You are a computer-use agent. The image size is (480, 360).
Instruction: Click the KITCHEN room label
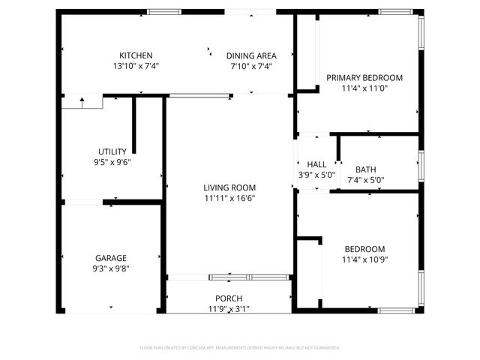click(x=136, y=55)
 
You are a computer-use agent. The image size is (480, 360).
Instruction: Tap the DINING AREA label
click(x=251, y=55)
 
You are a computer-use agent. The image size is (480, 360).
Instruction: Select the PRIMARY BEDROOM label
click(x=364, y=77)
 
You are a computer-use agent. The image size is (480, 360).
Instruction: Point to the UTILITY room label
click(x=112, y=151)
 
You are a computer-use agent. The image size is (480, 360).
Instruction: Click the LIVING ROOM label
click(x=229, y=187)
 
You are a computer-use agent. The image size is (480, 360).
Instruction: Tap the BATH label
click(x=366, y=169)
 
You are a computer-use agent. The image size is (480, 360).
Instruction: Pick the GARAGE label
click(x=110, y=258)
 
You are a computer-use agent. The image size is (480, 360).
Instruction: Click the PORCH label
click(x=229, y=298)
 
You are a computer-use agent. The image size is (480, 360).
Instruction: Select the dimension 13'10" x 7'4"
click(x=136, y=66)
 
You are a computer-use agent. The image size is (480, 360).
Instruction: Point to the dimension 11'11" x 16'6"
click(x=229, y=198)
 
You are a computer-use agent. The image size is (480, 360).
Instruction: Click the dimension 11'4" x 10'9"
click(x=364, y=260)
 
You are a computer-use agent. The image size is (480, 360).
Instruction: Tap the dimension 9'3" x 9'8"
click(x=110, y=268)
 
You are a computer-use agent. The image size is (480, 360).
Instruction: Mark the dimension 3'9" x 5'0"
click(x=316, y=175)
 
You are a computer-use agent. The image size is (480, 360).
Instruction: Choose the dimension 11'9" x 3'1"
click(x=229, y=308)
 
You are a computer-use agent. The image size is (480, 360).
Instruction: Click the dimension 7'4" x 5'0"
click(x=366, y=180)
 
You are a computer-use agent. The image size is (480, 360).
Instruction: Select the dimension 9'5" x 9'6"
click(x=112, y=162)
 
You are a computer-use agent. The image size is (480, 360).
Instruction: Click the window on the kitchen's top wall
click(x=163, y=11)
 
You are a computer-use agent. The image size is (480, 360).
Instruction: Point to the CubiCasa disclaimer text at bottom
click(x=240, y=348)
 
